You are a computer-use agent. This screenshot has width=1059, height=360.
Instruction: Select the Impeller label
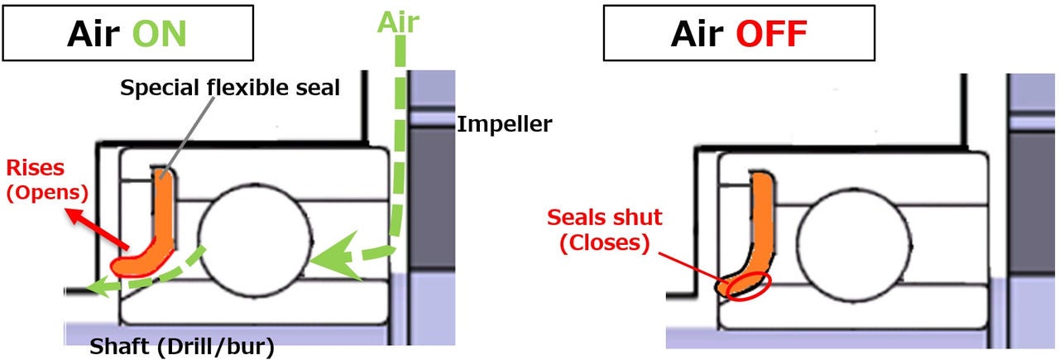[505, 125]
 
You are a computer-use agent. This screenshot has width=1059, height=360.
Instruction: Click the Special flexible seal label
[230, 89]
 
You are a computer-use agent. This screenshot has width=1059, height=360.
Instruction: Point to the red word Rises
[34, 169]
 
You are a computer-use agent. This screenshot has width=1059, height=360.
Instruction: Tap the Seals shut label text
[604, 218]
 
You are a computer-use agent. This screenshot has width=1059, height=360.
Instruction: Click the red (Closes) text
[604, 243]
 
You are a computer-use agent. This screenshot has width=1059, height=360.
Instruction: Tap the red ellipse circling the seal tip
[741, 286]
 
